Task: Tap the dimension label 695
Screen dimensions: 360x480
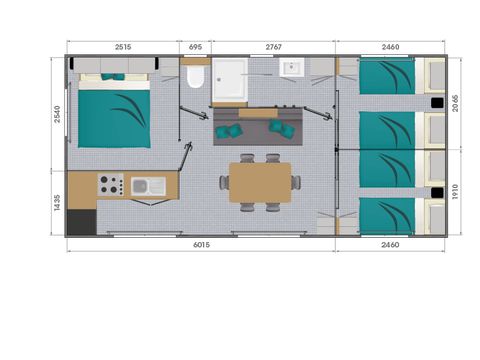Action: pyautogui.click(x=195, y=46)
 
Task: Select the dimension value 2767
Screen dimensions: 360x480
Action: pyautogui.click(x=273, y=46)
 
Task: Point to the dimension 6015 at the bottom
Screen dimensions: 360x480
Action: pyautogui.click(x=200, y=245)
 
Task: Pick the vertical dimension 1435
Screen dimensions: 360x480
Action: pyautogui.click(x=58, y=205)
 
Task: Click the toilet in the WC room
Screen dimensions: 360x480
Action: pyautogui.click(x=194, y=79)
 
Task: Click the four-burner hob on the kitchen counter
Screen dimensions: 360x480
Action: pyautogui.click(x=110, y=185)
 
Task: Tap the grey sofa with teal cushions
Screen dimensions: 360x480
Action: pyautogui.click(x=256, y=126)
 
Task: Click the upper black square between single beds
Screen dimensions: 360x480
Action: pyautogui.click(x=437, y=103)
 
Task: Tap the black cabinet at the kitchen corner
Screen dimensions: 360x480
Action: pyautogui.click(x=80, y=220)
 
